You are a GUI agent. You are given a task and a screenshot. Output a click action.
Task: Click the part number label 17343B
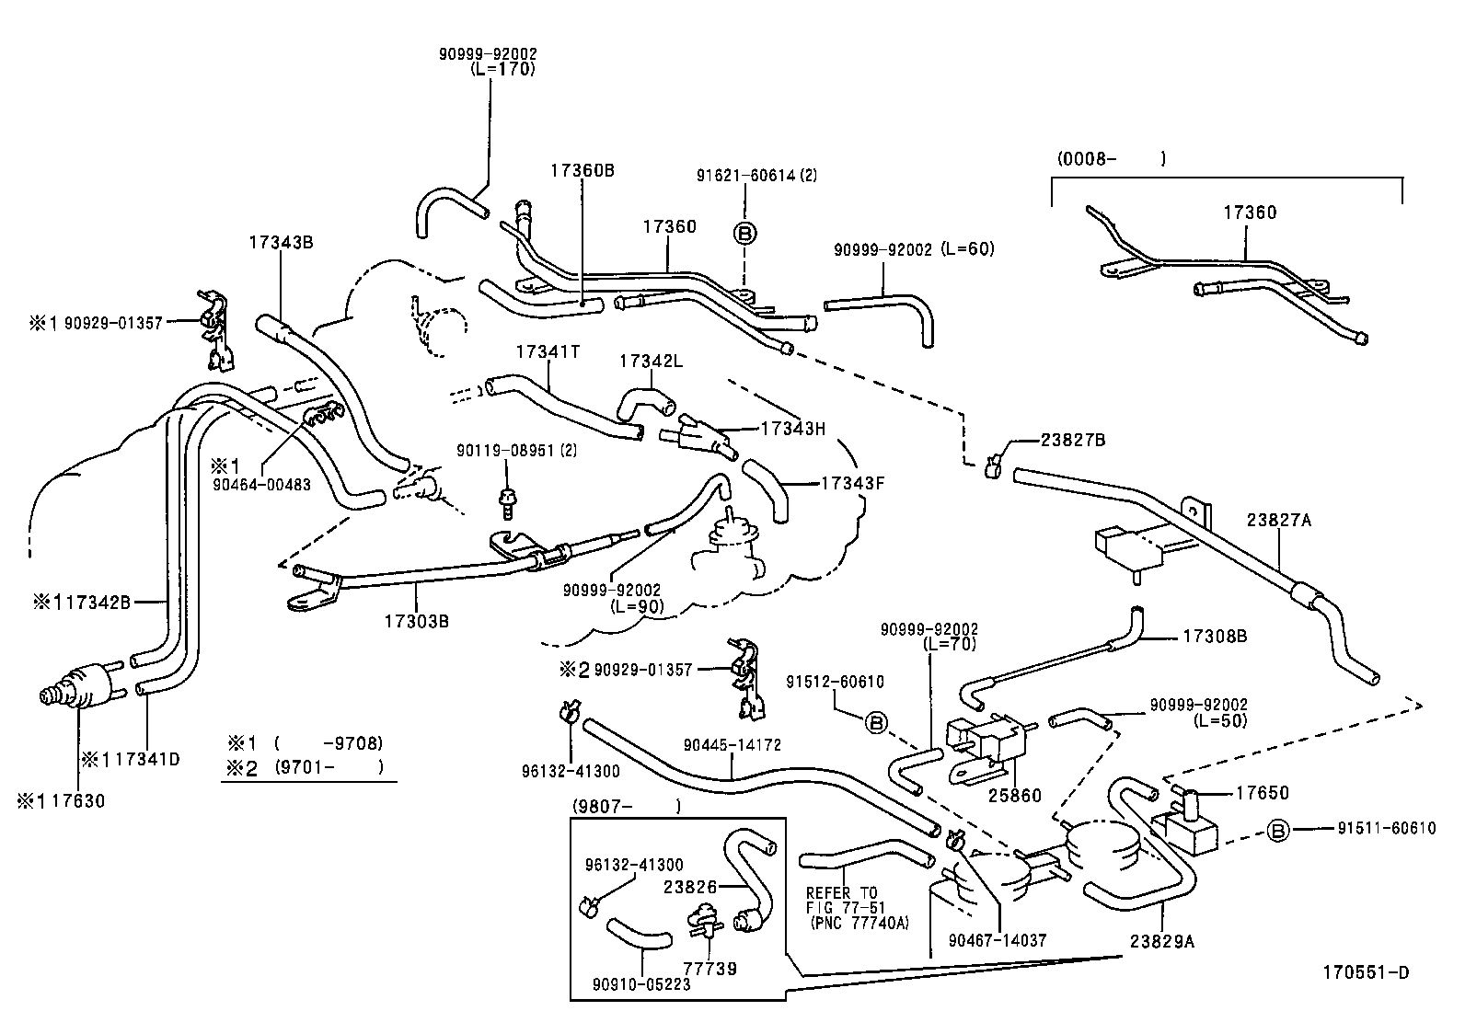pyautogui.click(x=281, y=243)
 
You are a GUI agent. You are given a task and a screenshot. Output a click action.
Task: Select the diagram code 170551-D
pyautogui.click(x=1366, y=972)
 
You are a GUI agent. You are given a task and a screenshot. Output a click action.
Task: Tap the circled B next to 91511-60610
pyautogui.click(x=1278, y=831)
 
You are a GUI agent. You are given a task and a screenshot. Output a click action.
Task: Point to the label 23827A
pyautogui.click(x=1278, y=521)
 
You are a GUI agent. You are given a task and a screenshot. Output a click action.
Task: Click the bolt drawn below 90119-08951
pyautogui.click(x=505, y=500)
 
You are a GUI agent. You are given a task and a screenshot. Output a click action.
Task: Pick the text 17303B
pyautogui.click(x=416, y=621)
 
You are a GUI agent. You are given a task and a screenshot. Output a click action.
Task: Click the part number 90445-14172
pyautogui.click(x=732, y=745)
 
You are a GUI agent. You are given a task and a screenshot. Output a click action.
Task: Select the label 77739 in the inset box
pyautogui.click(x=709, y=969)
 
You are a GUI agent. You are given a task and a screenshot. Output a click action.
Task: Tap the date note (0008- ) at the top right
pyautogui.click(x=1110, y=159)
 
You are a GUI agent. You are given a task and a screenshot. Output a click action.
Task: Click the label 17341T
pyautogui.click(x=548, y=352)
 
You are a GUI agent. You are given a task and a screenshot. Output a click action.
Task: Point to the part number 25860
pyautogui.click(x=1015, y=796)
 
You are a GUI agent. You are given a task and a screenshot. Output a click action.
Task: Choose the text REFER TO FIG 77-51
pyautogui.click(x=842, y=901)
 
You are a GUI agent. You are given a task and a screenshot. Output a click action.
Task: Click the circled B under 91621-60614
pyautogui.click(x=745, y=233)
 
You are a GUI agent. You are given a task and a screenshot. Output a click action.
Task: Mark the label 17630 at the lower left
pyautogui.click(x=77, y=801)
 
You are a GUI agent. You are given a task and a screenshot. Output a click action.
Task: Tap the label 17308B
pyautogui.click(x=1215, y=636)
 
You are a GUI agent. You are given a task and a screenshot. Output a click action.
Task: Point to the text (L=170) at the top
pyautogui.click(x=502, y=68)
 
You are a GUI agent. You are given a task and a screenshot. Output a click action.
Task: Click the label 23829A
pyautogui.click(x=1161, y=941)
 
